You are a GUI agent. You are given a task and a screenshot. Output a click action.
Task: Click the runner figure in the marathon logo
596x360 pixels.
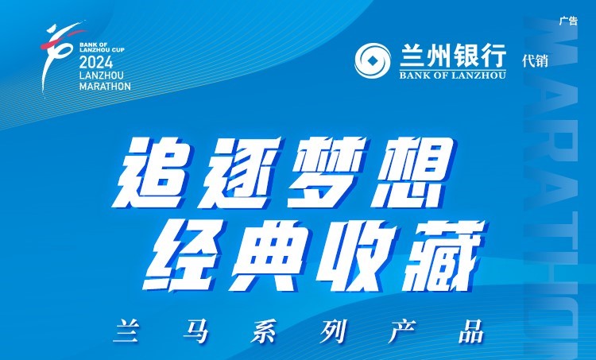tap(57, 53)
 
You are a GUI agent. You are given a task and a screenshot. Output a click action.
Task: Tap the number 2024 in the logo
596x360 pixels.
tap(96, 62)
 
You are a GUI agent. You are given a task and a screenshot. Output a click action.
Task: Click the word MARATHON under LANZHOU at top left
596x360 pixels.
tap(105, 87)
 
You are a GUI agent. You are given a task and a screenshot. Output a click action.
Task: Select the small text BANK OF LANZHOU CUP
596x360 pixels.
tap(102, 47)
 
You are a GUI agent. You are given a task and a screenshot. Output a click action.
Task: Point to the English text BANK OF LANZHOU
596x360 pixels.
tap(453, 75)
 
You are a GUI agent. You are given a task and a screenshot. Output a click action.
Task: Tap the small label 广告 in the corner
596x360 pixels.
tap(568, 21)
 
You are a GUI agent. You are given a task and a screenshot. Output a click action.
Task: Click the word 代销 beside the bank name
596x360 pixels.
tap(535, 61)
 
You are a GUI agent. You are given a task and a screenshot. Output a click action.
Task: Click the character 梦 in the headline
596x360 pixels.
tap(325, 173)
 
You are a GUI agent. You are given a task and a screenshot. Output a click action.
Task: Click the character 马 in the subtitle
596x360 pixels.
tap(195, 331)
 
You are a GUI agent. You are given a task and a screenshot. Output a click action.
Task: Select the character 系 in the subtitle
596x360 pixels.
tap(265, 331)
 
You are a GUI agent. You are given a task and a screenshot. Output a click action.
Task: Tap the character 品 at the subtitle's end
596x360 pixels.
tap(471, 331)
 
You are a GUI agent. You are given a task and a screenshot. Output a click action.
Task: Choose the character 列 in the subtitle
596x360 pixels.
tap(333, 331)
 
